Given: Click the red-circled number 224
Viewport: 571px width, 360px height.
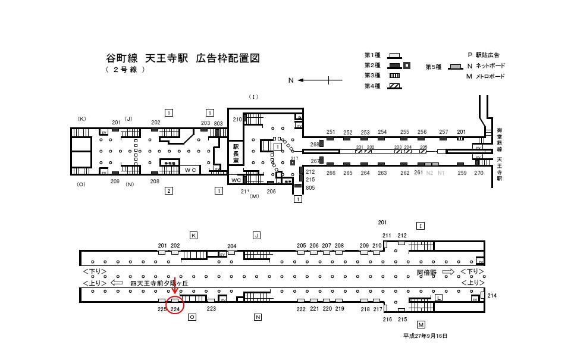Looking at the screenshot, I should tap(175, 309).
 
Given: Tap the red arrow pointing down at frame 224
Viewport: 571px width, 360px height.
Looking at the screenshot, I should tap(174, 284).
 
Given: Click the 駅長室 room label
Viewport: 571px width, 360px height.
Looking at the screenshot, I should tap(236, 153).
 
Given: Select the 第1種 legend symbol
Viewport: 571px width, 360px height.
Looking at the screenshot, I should tap(394, 55).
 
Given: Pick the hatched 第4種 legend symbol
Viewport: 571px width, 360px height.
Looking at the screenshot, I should tap(394, 86).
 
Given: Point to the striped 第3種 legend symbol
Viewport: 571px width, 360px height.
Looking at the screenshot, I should tap(394, 76).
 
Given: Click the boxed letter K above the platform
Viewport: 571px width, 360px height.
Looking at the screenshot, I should tap(193, 236).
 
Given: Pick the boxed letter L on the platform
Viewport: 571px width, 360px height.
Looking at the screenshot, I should tap(438, 297).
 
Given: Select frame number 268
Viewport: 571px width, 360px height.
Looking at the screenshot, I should tap(315, 144).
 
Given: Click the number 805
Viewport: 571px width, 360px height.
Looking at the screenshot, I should tap(310, 188).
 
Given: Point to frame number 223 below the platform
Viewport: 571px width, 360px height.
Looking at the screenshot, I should tap(211, 309).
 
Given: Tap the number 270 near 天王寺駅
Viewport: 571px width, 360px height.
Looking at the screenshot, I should tap(479, 173).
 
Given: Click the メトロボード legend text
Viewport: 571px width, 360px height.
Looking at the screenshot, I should tap(490, 76).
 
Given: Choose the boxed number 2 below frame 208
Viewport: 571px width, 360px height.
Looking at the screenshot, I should tap(169, 190).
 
